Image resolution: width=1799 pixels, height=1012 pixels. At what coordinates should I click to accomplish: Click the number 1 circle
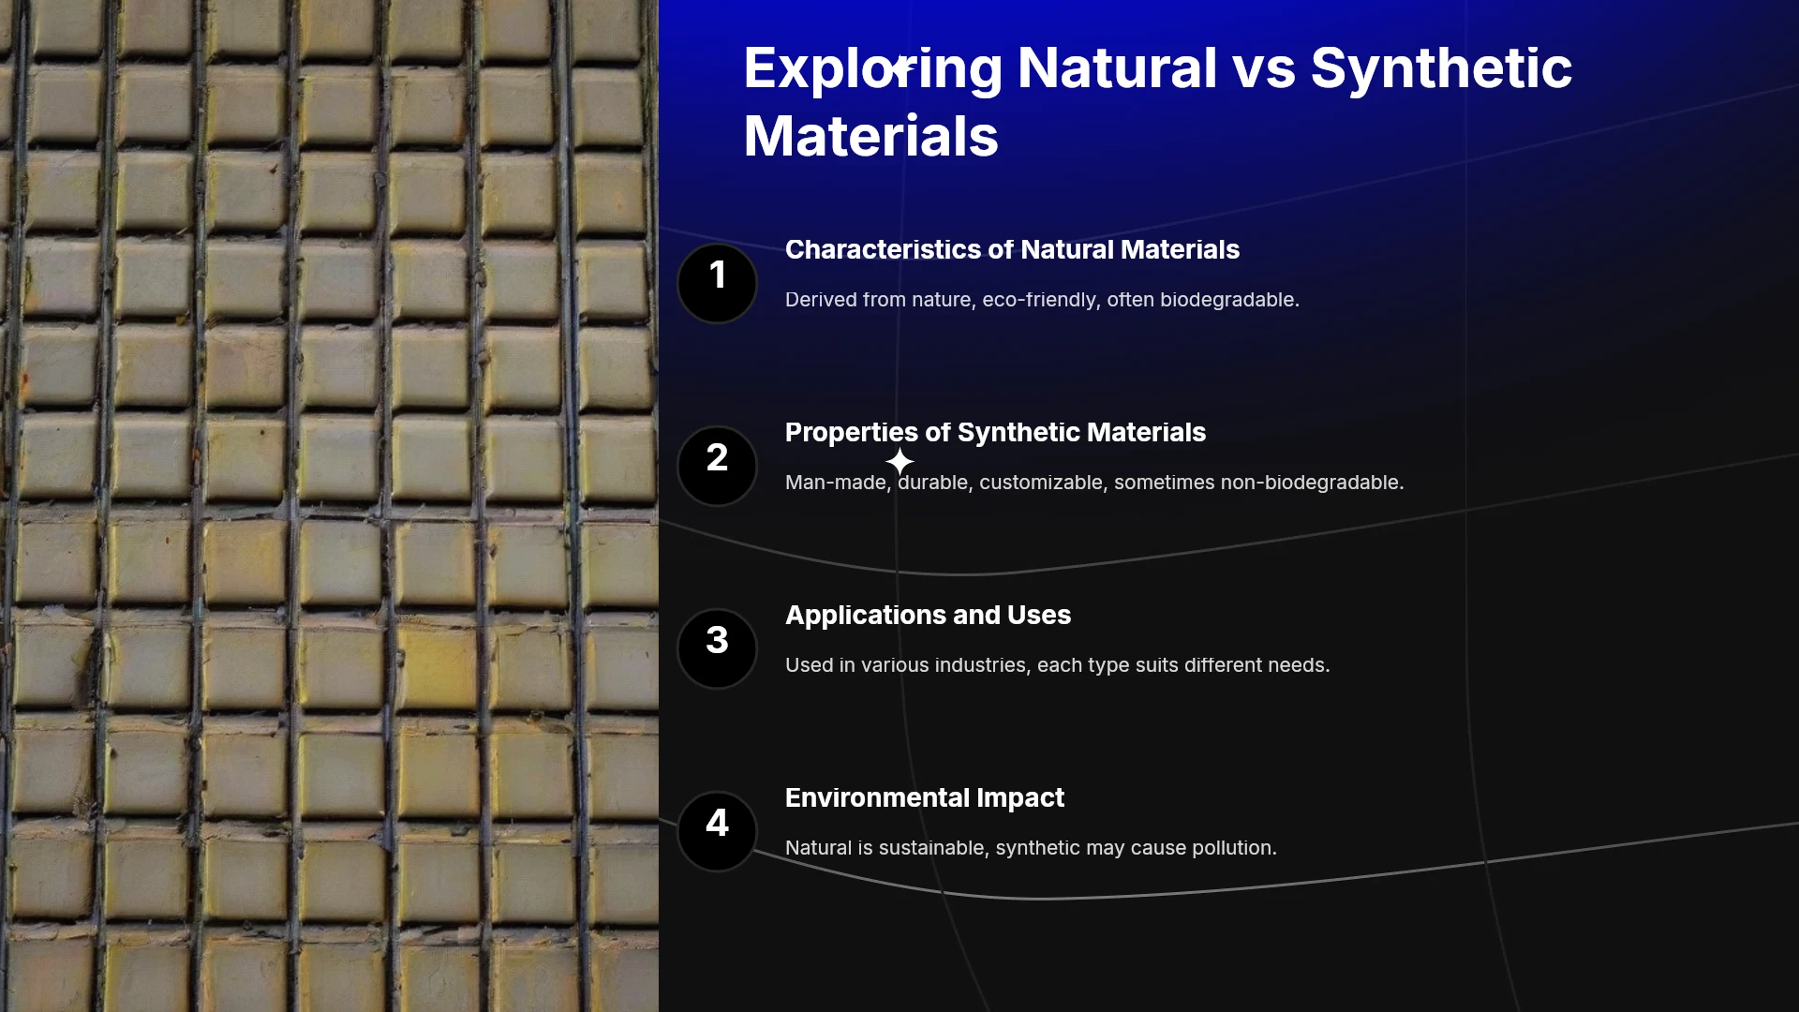(x=717, y=283)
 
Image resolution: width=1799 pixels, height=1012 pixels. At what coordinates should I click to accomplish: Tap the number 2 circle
(x=717, y=466)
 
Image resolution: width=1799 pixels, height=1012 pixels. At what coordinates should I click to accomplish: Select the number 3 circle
(x=717, y=648)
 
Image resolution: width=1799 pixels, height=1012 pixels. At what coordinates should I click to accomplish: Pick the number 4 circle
(x=717, y=831)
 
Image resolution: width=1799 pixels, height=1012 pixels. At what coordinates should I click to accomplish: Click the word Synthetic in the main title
(x=1441, y=69)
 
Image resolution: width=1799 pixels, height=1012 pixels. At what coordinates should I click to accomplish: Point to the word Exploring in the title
(x=873, y=69)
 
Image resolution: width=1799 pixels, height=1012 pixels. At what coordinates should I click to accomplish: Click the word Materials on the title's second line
(x=871, y=136)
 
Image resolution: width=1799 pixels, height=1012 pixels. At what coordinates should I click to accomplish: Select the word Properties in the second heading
(x=852, y=433)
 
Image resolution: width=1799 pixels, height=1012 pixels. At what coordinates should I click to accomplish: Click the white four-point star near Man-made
(x=899, y=461)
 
